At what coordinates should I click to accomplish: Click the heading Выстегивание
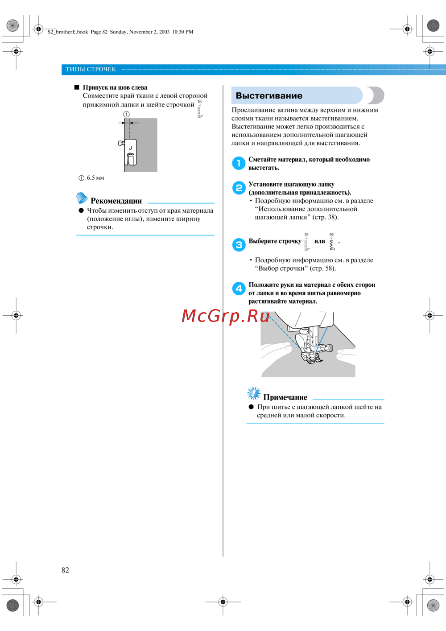tap(269, 96)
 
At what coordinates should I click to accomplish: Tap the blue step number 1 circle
tap(239, 163)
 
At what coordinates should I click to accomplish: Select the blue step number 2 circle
tap(239, 188)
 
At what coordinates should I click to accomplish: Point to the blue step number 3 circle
tap(239, 245)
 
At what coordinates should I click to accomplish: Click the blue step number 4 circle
tap(239, 289)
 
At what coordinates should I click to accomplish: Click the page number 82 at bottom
tap(65, 570)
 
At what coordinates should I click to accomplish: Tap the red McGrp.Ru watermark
tap(226, 316)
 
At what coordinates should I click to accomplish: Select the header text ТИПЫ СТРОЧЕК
tap(91, 69)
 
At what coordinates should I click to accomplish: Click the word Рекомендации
tap(116, 201)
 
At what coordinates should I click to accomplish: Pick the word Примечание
tap(285, 397)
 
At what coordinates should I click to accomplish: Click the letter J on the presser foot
tap(130, 148)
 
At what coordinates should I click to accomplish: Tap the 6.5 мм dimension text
tap(95, 178)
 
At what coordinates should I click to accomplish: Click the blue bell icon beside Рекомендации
tap(82, 198)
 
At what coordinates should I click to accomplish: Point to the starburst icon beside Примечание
tap(254, 393)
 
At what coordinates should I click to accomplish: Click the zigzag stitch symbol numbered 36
tap(332, 242)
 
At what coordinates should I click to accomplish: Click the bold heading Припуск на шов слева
tap(115, 87)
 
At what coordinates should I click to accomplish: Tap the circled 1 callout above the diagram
tap(127, 114)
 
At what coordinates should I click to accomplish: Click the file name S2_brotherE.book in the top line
tap(68, 32)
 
